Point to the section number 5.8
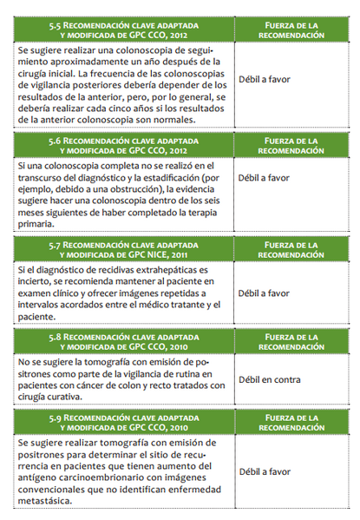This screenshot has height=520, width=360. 58,337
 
